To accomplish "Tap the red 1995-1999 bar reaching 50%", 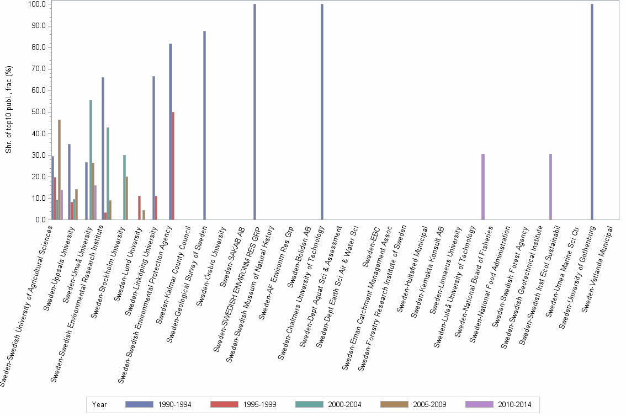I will coord(174,166).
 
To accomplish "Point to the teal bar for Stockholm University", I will coord(124,188).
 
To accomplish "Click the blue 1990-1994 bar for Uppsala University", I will coord(69,182).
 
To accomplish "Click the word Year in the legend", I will coord(100,404).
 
